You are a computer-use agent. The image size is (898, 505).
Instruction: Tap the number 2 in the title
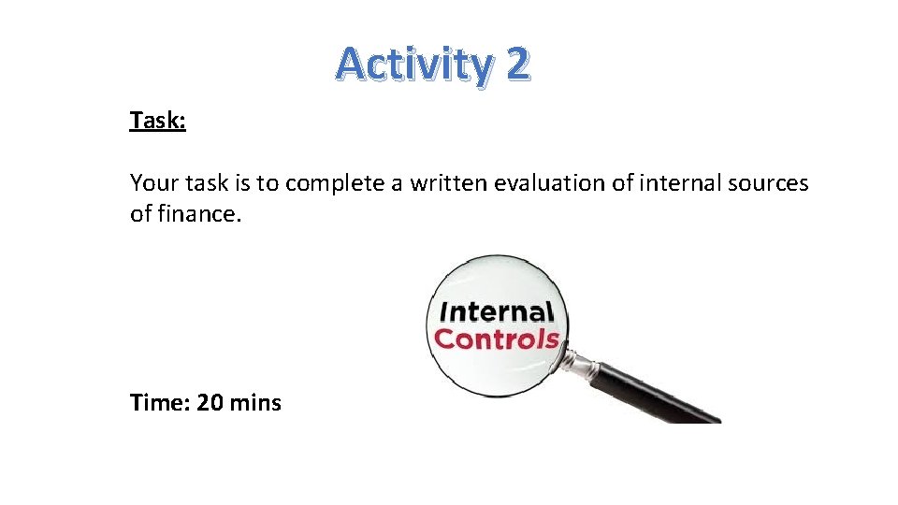click(517, 64)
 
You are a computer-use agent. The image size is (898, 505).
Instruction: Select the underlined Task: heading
click(158, 121)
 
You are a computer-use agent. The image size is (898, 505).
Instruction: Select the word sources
click(768, 183)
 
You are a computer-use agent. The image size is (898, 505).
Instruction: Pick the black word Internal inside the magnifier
click(496, 311)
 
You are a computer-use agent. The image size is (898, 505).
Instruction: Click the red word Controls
click(497, 339)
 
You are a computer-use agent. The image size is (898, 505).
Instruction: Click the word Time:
click(160, 403)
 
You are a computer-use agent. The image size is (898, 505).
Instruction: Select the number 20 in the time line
click(210, 403)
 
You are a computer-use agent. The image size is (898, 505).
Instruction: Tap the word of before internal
click(623, 183)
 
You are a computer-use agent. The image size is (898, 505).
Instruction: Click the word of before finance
click(139, 214)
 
